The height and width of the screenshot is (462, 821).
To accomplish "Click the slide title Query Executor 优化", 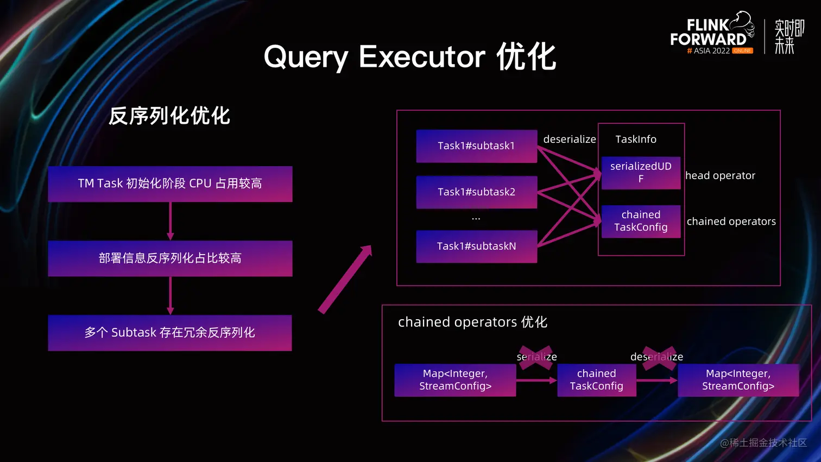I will click(410, 56).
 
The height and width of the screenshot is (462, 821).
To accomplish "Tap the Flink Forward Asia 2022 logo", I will click(712, 34).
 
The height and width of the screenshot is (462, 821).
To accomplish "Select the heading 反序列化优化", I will click(169, 116).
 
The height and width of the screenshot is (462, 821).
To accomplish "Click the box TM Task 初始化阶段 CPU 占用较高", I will click(170, 183).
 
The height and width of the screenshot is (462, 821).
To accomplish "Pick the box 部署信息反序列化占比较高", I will click(170, 258).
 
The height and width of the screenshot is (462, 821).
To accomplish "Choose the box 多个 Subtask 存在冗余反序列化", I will click(170, 332).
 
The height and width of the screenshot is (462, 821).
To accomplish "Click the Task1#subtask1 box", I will click(476, 145).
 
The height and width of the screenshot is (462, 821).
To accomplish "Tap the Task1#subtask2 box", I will click(476, 192).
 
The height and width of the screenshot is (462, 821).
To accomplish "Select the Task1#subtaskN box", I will click(476, 246).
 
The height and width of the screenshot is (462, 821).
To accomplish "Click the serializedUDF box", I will click(641, 172).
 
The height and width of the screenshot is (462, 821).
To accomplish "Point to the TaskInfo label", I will click(636, 140).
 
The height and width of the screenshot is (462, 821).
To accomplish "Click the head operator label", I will click(720, 175).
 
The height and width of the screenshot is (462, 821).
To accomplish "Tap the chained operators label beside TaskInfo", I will click(731, 221).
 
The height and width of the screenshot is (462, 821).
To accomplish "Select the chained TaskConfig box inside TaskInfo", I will click(641, 221).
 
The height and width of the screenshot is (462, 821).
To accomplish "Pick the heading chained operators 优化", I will click(472, 322).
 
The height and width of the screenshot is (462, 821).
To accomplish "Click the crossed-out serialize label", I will click(536, 357).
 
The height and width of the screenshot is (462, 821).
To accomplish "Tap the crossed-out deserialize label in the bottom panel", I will click(656, 357).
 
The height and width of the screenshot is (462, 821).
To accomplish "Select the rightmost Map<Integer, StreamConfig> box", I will click(738, 379).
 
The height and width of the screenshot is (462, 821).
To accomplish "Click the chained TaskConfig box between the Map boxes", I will click(596, 379).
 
